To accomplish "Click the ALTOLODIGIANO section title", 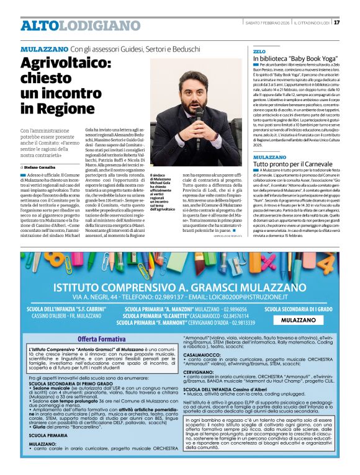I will click(x=71, y=25).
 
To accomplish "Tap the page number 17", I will click(x=336, y=22).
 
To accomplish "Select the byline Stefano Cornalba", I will click(x=41, y=167).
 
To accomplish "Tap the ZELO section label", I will click(x=259, y=51).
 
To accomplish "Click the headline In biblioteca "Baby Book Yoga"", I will click(x=290, y=58).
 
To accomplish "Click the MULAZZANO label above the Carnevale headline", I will click(x=270, y=157).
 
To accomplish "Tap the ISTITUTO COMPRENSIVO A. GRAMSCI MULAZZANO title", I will click(x=180, y=286).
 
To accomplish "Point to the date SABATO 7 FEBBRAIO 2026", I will click(x=268, y=22).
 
